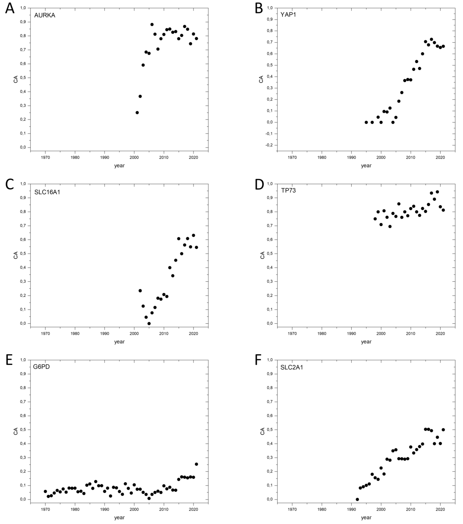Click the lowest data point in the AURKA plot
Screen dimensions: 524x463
[x=137, y=113]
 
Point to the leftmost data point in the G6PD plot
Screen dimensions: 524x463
[x=45, y=491]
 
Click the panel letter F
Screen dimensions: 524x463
[x=258, y=360]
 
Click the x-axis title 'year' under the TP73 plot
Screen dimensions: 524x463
[x=366, y=342]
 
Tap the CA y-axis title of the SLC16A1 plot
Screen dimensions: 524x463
[x=16, y=255]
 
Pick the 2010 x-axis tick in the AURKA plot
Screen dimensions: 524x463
[x=164, y=157]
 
